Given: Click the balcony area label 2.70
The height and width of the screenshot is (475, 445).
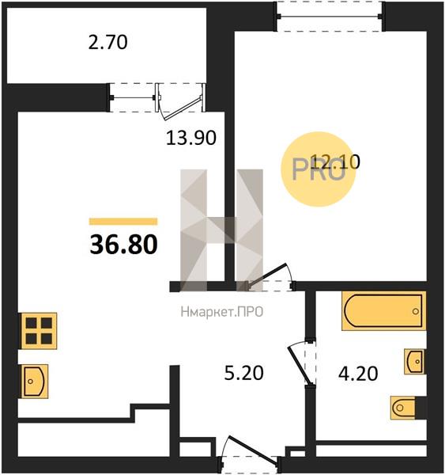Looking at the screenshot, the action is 108,43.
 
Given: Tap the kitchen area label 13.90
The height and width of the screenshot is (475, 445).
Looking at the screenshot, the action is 191,138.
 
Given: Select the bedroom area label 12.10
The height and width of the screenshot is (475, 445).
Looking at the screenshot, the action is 335,161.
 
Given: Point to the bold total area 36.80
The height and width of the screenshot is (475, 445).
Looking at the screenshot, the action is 124,245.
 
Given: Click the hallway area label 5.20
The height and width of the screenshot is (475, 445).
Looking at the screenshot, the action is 243,373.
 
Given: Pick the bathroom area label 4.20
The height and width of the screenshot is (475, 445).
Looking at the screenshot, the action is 358,374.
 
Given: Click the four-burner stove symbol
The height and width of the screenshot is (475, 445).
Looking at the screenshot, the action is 39,331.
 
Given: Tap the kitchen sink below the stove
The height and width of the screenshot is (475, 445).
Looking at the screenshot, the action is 35,381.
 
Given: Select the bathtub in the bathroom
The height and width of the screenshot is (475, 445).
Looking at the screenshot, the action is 384,311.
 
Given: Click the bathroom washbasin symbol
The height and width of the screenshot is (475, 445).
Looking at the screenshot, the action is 414,362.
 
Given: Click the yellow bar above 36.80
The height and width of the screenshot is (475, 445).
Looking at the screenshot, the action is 123,222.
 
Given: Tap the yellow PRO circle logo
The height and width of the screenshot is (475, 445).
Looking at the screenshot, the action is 319,169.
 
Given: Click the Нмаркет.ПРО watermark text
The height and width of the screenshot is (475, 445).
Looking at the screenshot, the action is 222,312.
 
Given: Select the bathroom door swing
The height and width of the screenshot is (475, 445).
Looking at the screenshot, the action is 300,363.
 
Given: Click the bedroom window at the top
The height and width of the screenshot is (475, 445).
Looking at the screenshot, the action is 330,16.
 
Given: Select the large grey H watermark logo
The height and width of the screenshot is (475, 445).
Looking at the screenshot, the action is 222,230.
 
